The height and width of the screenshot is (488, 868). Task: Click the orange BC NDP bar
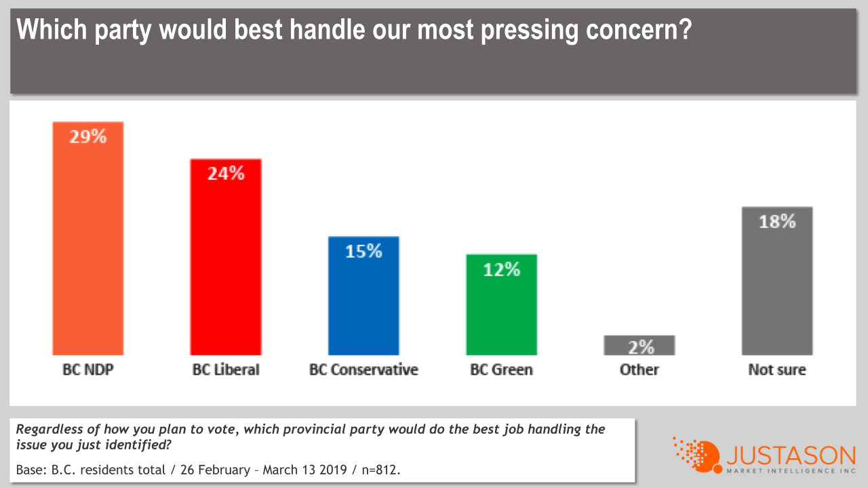87,251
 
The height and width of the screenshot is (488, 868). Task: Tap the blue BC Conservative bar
363,305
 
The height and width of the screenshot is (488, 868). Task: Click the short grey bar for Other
639,345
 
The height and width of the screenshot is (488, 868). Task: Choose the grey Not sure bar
777,291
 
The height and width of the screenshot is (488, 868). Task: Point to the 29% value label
88,136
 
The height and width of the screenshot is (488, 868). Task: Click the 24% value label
226,174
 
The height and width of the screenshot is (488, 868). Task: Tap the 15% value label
364,251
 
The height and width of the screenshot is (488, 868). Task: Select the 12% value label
502,269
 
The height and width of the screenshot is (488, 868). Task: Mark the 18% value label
777,221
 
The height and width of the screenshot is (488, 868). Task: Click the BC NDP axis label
87,370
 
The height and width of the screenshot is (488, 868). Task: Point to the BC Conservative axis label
363,370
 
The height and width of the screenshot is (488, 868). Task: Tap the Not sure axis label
777,370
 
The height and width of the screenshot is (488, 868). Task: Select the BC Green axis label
501,370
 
